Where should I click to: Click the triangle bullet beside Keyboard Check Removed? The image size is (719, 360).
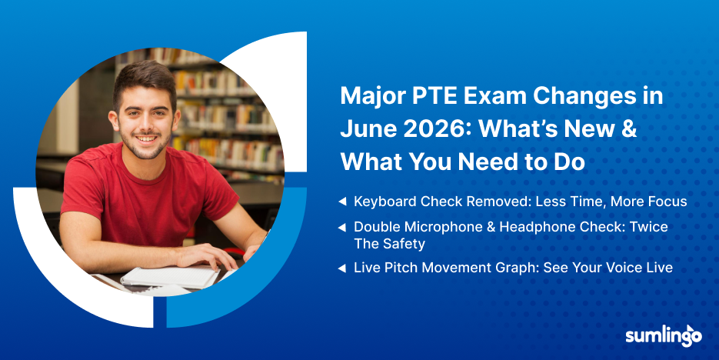click(342, 202)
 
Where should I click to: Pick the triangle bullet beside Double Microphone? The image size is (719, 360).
click(342, 227)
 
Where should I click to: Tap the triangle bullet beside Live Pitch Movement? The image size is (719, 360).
click(342, 268)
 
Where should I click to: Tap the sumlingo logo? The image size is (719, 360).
click(664, 336)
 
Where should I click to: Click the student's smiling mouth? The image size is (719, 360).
click(146, 138)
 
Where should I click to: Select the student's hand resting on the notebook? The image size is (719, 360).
click(208, 255)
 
